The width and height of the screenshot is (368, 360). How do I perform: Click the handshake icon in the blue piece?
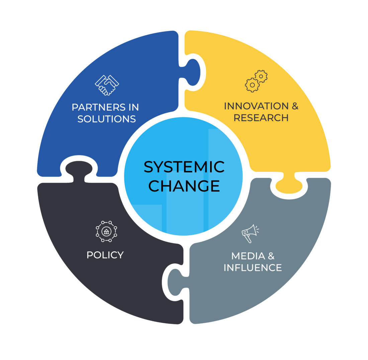(107, 85)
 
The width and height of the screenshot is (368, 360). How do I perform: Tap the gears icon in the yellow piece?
(256, 81)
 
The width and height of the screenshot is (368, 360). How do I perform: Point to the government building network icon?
(106, 232)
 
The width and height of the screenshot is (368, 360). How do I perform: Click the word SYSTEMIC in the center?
(184, 167)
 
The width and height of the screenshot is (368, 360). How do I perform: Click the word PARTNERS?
(99, 107)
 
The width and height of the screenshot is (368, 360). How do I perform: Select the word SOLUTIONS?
(107, 119)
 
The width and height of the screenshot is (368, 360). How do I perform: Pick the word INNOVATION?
(256, 106)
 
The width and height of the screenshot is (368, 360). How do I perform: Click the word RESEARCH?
(261, 118)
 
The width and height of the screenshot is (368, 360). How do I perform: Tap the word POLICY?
(105, 255)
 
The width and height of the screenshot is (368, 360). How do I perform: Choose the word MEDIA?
(248, 256)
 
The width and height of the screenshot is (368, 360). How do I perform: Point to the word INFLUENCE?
(253, 268)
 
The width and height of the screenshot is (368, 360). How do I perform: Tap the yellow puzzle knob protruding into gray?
(289, 184)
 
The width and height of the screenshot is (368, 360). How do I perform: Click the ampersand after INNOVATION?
(295, 106)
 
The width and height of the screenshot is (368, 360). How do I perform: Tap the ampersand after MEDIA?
(271, 256)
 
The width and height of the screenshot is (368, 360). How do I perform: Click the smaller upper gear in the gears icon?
(261, 76)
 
